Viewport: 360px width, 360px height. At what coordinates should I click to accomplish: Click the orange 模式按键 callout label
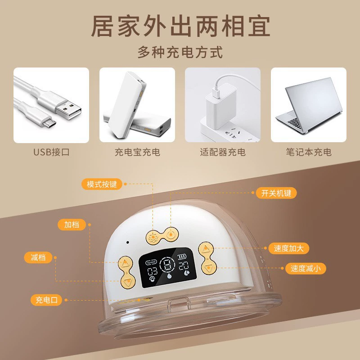(x=102, y=184)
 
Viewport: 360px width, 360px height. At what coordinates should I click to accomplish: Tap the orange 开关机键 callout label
(x=276, y=193)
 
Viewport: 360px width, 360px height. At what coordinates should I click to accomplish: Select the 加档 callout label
(x=72, y=225)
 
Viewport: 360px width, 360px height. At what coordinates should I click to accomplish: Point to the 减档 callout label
(x=38, y=257)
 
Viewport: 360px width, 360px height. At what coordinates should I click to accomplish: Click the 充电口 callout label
(x=46, y=300)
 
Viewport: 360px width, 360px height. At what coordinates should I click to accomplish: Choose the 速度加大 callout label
(x=288, y=248)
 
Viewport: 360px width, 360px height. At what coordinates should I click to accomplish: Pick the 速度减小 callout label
(x=306, y=268)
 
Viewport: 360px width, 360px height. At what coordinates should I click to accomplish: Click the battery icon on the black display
(x=182, y=256)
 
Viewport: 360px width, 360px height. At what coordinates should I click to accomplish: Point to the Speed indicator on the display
(x=151, y=262)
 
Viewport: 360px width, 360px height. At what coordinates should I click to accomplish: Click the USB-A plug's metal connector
(x=68, y=111)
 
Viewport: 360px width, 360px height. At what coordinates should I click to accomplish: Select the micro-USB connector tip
(x=49, y=122)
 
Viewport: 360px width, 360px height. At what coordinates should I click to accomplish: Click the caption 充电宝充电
(x=137, y=152)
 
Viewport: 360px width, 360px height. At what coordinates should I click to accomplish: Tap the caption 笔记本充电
(x=309, y=152)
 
